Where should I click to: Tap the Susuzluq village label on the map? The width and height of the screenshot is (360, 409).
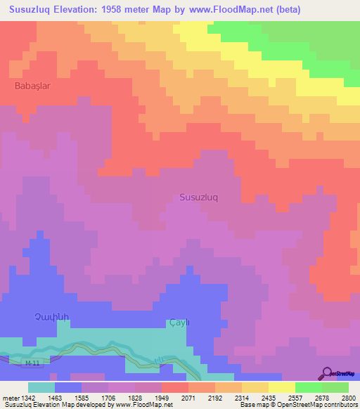click(x=199, y=197)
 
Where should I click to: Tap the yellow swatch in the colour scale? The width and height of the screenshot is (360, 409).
click(x=281, y=387)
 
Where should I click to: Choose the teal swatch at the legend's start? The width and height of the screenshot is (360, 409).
click(x=41, y=387)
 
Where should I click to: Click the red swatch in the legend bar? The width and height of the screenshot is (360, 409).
click(x=174, y=387)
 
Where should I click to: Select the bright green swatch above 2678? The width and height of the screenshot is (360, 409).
click(x=308, y=387)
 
